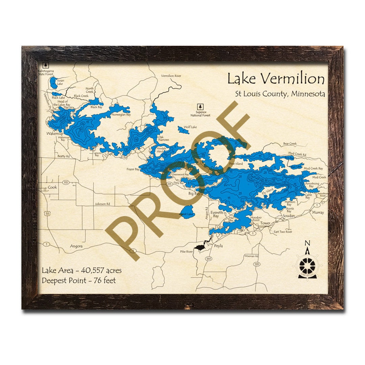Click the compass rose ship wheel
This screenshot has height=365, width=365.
click(307, 265)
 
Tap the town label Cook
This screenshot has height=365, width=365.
click(52, 187)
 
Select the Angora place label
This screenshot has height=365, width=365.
click(76, 246)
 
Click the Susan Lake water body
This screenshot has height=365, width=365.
click(53, 82)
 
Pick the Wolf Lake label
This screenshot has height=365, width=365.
click(190, 127)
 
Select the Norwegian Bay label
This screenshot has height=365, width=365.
click(121, 114)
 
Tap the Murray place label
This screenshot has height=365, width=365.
click(318, 212)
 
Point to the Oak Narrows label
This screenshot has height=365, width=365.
click(163, 138)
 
